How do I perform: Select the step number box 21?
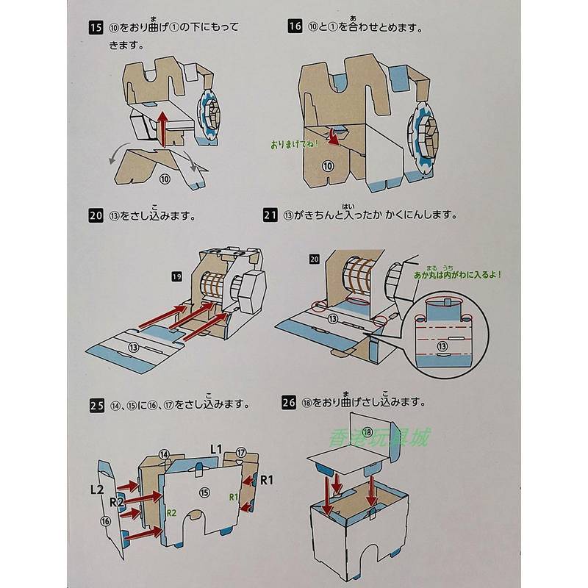pyautogui.click(x=270, y=215)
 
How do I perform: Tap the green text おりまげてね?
pyautogui.click(x=293, y=144)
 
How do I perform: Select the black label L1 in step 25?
pyautogui.click(x=217, y=448)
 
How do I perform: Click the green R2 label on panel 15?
pyautogui.click(x=171, y=513)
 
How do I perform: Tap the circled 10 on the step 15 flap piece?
pyautogui.click(x=165, y=178)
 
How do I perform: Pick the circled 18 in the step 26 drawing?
pyautogui.click(x=367, y=431)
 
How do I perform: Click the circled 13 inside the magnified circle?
pyautogui.click(x=442, y=346)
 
